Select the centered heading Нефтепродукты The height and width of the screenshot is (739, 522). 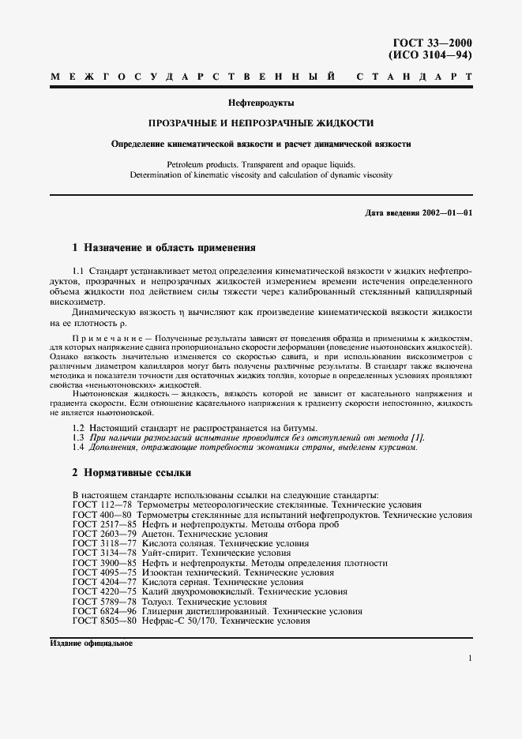(x=261, y=103)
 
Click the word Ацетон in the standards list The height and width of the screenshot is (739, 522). (x=163, y=535)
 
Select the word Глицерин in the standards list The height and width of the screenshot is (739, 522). (x=171, y=611)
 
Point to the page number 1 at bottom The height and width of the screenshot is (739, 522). (x=469, y=658)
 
